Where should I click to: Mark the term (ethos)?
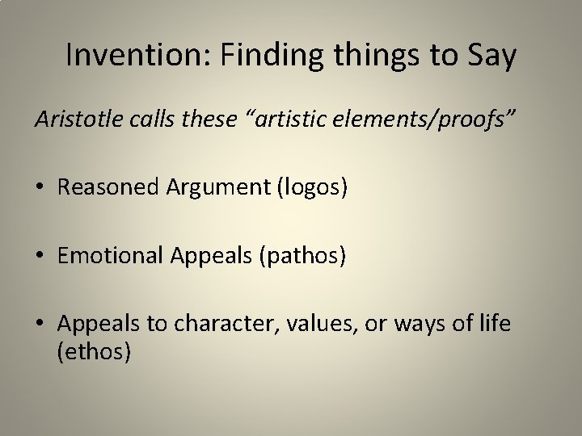[95, 353]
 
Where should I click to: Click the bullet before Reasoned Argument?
[40, 188]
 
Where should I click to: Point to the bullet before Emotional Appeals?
[40, 256]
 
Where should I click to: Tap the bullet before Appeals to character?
[40, 325]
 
